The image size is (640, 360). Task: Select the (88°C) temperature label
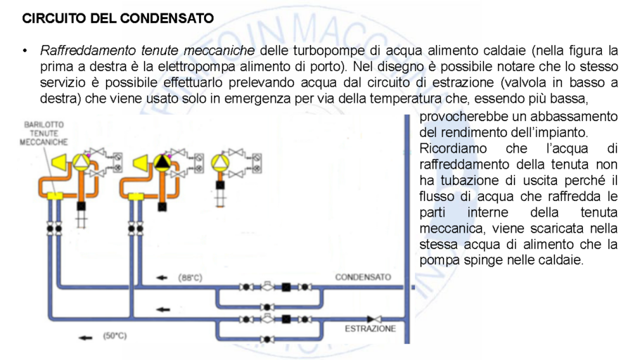(x=190, y=278)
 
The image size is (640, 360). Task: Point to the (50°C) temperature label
(x=115, y=336)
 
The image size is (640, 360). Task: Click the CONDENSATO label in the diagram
(x=362, y=277)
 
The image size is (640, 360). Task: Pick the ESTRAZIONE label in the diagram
(x=370, y=328)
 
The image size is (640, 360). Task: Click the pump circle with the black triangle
(x=162, y=163)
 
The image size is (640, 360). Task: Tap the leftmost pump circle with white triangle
(x=81, y=162)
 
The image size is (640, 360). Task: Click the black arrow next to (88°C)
(x=162, y=278)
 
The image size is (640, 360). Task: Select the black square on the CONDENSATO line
(x=287, y=287)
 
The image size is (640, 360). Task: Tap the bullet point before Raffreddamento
(x=25, y=51)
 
